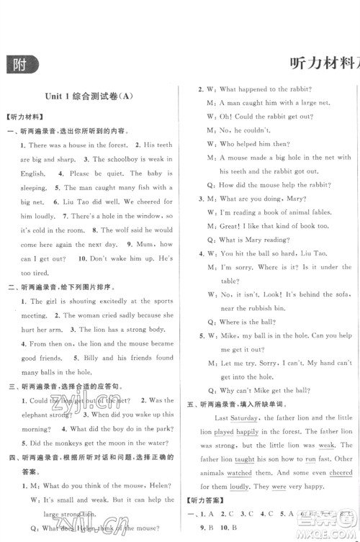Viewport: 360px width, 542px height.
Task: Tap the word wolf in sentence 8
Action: point(118,230)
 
